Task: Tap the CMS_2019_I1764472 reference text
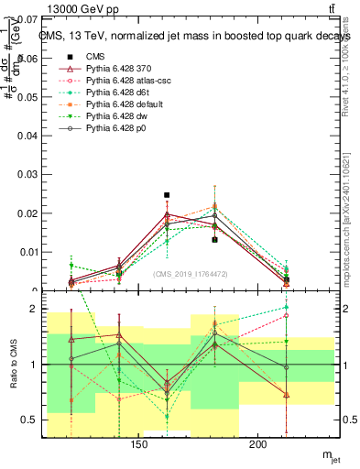tap(190, 274)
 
